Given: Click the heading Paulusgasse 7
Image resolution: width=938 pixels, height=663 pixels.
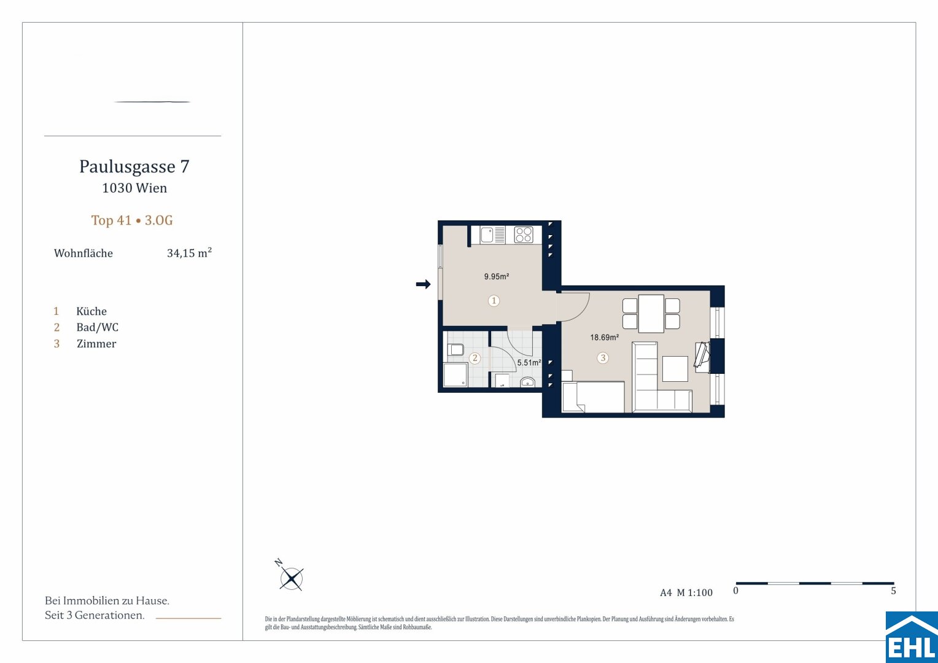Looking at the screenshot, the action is [134, 167].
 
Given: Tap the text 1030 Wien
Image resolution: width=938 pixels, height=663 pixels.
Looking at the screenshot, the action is [134, 188].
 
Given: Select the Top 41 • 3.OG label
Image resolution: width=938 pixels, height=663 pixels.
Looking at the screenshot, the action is [132, 220].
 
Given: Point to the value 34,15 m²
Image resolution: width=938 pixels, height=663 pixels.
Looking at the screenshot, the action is [189, 253].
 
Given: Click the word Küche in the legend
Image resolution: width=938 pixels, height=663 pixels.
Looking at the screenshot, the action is [91, 311].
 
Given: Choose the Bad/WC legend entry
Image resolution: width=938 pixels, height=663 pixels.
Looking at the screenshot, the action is [97, 327].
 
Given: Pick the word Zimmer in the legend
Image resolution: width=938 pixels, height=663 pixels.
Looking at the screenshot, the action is [96, 344].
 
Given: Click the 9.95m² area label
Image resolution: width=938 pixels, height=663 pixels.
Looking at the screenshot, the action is [497, 276].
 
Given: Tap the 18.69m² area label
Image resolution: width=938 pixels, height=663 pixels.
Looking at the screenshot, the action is [605, 337].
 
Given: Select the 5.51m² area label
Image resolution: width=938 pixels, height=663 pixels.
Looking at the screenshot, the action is [529, 363].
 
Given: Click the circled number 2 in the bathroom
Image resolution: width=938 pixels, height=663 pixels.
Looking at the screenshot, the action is [475, 358].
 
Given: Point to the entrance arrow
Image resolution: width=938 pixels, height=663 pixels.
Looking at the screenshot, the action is [424, 284].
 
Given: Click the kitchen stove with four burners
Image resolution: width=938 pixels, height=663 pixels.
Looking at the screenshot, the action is [524, 235].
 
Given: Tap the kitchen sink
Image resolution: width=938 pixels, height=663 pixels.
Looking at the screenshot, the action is [487, 235].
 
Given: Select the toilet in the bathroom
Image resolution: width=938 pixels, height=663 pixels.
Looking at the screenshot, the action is [455, 350].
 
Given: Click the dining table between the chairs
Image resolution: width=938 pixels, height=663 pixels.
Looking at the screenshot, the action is [651, 314].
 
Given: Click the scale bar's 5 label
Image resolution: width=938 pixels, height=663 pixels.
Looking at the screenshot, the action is [893, 591].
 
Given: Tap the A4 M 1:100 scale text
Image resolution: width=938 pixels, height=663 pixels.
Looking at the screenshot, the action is [686, 592].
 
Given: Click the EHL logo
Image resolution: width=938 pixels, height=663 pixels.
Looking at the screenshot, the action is [912, 637].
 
